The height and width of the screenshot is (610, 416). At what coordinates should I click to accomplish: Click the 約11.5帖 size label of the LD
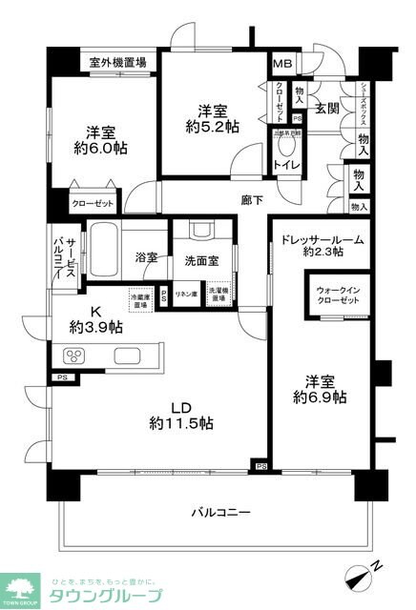(x=181, y=422)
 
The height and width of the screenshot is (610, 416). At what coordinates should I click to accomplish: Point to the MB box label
(x=282, y=64)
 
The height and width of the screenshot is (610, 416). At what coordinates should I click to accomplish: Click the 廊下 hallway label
(x=251, y=201)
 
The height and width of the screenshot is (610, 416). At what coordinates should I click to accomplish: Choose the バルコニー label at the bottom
(x=218, y=512)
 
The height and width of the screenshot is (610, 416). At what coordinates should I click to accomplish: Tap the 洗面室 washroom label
(x=198, y=260)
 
